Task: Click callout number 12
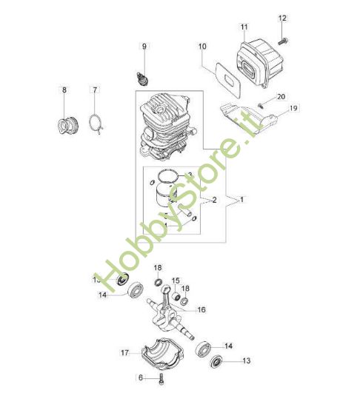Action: (x=281, y=17)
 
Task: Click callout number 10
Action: (x=201, y=47)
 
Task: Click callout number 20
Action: (x=281, y=97)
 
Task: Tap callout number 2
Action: (x=215, y=200)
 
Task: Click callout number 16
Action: (x=201, y=309)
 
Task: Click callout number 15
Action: (x=176, y=280)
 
